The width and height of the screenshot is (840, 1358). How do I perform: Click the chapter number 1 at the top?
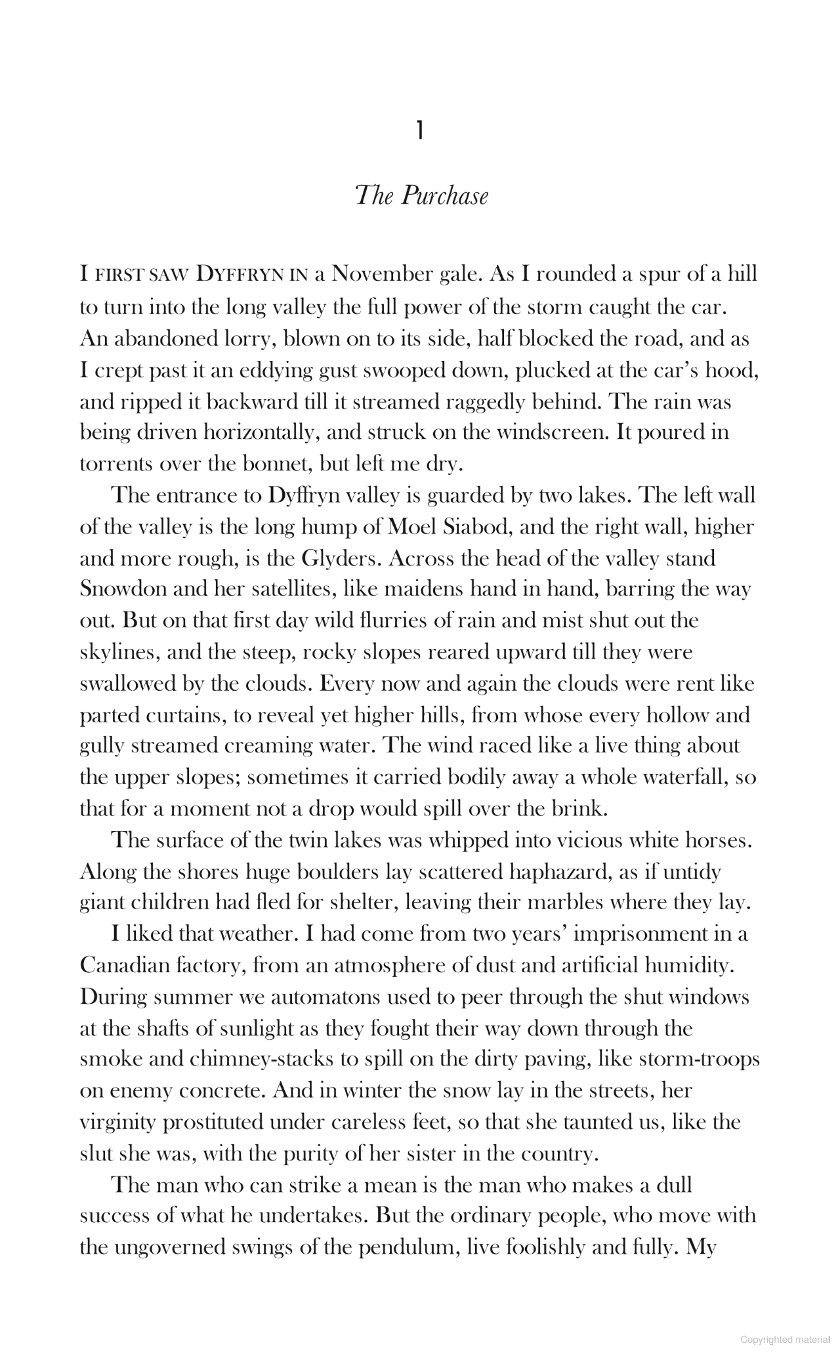pyautogui.click(x=419, y=132)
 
